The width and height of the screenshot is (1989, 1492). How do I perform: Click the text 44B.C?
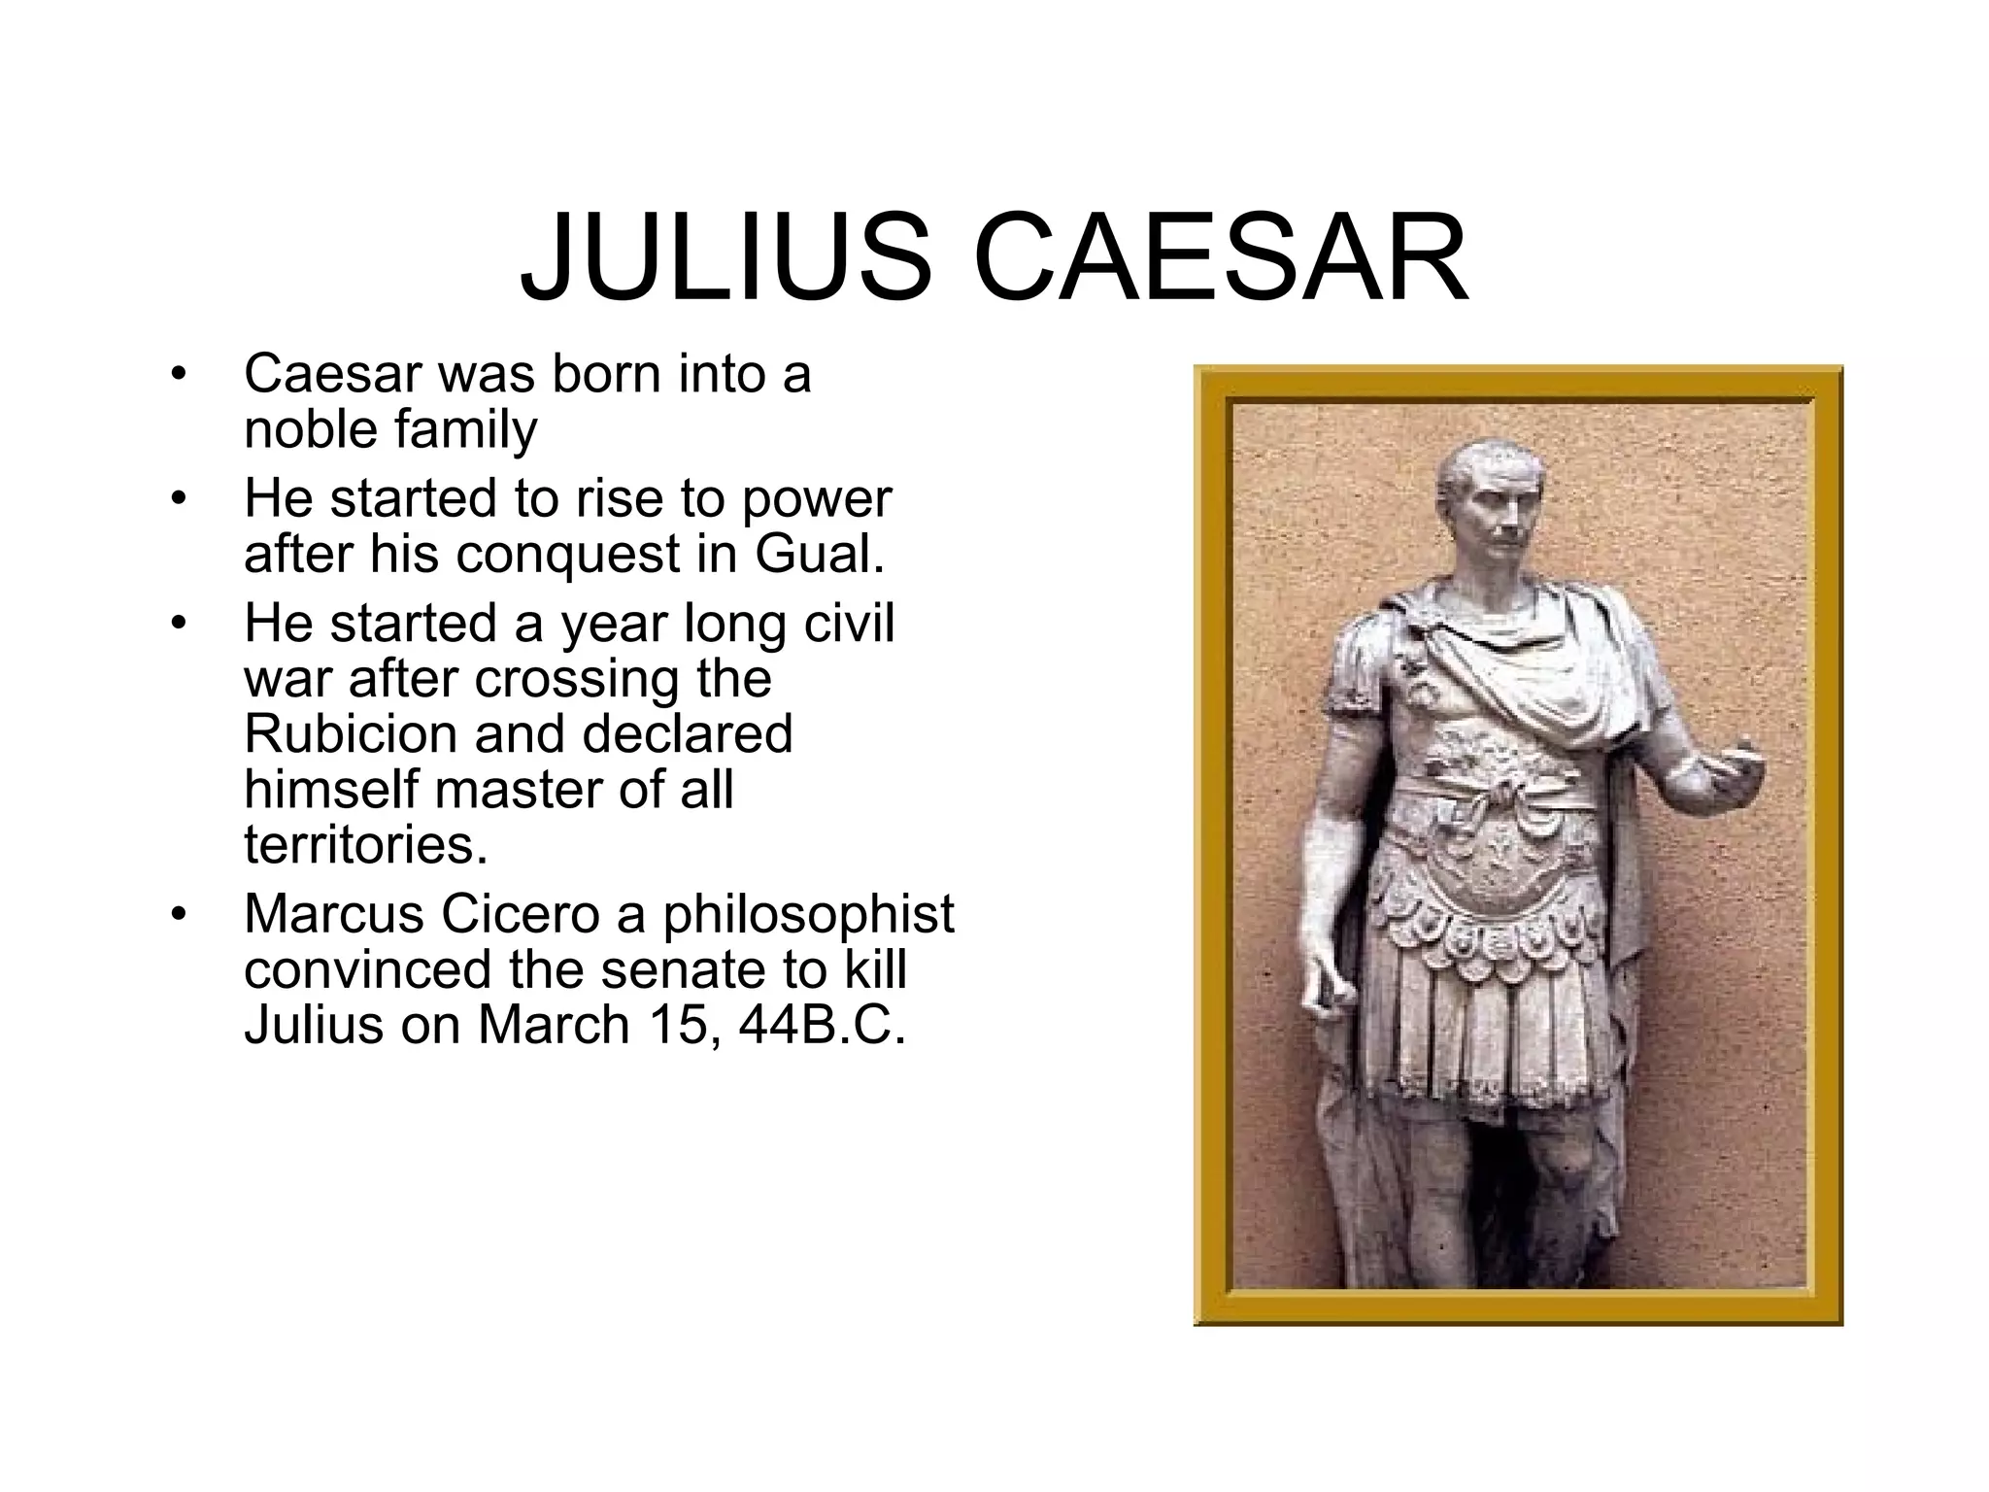point(822,1025)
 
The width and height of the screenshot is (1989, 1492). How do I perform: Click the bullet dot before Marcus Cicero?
point(177,915)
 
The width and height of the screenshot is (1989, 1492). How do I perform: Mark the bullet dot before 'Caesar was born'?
point(177,375)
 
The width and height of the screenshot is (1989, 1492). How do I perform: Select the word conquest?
point(568,554)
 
